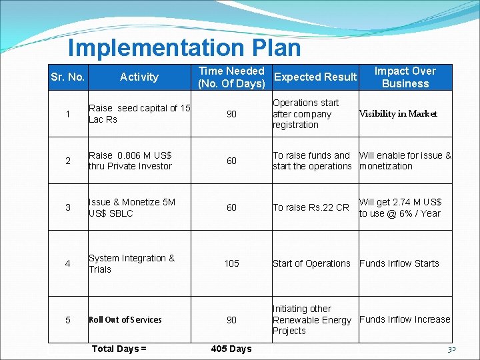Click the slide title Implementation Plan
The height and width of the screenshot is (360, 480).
click(184, 48)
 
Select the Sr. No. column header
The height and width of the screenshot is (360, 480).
click(67, 77)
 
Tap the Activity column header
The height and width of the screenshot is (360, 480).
click(139, 77)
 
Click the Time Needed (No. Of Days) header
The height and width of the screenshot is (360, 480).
click(231, 77)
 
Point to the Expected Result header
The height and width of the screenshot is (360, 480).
click(315, 77)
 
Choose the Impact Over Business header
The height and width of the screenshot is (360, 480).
click(405, 77)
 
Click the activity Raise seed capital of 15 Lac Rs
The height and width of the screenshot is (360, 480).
click(139, 113)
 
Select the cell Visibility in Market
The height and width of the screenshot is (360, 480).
click(398, 113)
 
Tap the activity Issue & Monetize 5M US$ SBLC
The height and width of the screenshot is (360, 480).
click(132, 207)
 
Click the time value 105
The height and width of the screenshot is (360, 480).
click(231, 263)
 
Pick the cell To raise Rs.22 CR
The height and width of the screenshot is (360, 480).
click(311, 207)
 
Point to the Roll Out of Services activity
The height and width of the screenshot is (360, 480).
click(125, 319)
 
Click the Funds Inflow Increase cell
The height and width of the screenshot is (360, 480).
click(405, 319)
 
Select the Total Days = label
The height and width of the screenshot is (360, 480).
click(119, 349)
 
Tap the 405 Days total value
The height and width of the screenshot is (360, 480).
click(231, 349)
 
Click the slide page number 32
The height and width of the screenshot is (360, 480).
click(451, 349)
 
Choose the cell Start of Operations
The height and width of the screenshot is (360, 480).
click(311, 263)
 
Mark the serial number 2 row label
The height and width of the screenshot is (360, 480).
click(67, 161)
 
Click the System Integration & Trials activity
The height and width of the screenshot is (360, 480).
click(131, 263)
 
